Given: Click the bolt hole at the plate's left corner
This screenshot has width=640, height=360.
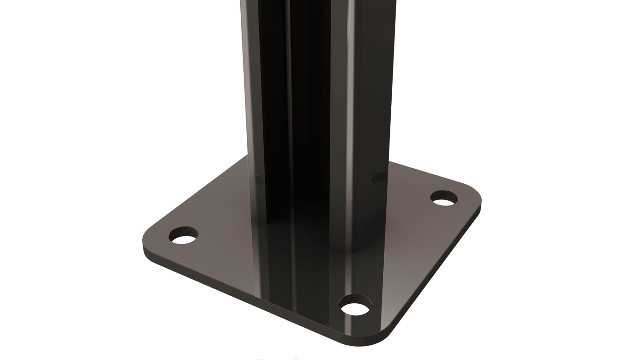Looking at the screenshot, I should tap(183, 236).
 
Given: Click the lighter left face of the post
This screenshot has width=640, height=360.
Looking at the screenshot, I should tap(250, 96).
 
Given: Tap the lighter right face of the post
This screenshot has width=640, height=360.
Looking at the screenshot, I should tap(371, 96).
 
